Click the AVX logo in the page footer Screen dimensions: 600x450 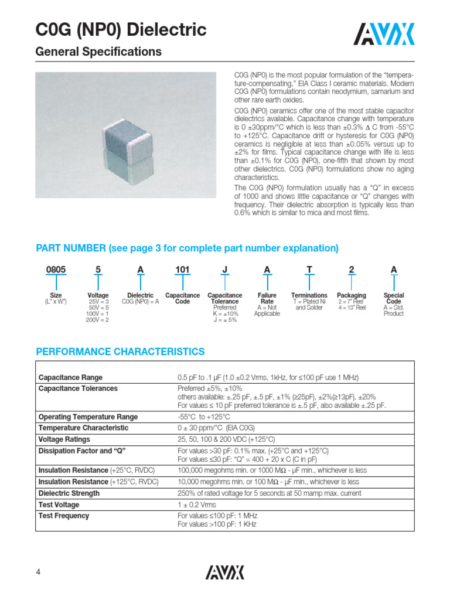tap(224, 572)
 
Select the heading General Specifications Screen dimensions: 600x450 tap(98, 52)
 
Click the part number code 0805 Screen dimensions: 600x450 tap(56, 270)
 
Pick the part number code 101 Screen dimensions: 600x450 tap(182, 270)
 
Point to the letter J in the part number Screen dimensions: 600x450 tap(225, 270)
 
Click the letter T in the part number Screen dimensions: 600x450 tap(309, 270)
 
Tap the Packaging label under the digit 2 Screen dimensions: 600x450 tap(352, 295)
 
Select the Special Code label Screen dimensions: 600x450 tap(394, 299)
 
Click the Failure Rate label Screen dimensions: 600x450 tap(267, 299)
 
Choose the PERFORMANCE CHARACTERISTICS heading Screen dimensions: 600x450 tap(120, 352)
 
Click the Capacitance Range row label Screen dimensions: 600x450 tap(70, 377)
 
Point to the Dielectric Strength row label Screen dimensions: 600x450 tap(69, 493)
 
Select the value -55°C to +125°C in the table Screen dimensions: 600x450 tap(207, 417)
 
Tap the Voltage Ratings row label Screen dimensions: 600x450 tap(64, 439)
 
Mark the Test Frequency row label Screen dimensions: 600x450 tap(63, 516)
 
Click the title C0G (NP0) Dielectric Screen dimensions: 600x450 tap(121, 29)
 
